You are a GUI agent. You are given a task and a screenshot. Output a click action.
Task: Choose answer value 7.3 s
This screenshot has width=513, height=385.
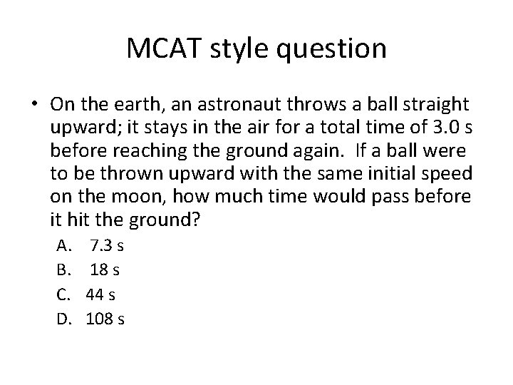click(x=107, y=247)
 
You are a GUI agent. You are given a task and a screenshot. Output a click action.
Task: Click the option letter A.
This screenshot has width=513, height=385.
click(x=62, y=247)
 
